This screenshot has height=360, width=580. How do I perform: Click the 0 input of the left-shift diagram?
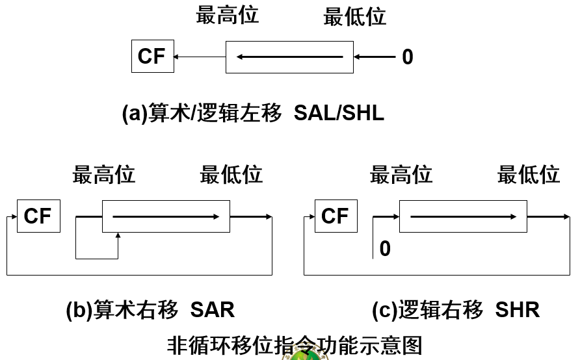pyautogui.click(x=408, y=57)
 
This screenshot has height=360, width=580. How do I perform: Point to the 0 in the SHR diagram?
pyautogui.click(x=385, y=249)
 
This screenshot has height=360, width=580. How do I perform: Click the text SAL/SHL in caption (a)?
pyautogui.click(x=339, y=113)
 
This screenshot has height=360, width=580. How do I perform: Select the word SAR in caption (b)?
pyautogui.click(x=213, y=310)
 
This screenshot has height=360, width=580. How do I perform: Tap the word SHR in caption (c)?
pyautogui.click(x=517, y=310)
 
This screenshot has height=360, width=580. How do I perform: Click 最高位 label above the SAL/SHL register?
pyautogui.click(x=227, y=15)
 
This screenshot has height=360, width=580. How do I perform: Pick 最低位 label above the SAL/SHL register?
pyautogui.click(x=355, y=17)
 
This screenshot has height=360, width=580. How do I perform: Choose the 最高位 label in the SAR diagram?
pyautogui.click(x=103, y=174)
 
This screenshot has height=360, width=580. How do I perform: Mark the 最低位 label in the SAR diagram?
pyautogui.click(x=231, y=174)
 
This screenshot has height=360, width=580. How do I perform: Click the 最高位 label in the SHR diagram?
pyautogui.click(x=401, y=174)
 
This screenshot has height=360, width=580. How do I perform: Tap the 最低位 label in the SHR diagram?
pyautogui.click(x=528, y=174)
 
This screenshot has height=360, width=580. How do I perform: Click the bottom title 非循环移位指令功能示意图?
pyautogui.click(x=295, y=345)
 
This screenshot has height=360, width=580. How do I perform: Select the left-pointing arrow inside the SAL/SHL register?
pyautogui.click(x=289, y=57)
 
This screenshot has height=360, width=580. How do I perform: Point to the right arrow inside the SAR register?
pyautogui.click(x=166, y=216)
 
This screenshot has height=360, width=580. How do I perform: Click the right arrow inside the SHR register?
pyautogui.click(x=463, y=216)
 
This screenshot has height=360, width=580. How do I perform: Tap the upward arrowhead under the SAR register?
pyautogui.click(x=118, y=235)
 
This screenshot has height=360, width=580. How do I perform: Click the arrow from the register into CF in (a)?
pyautogui.click(x=200, y=57)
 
